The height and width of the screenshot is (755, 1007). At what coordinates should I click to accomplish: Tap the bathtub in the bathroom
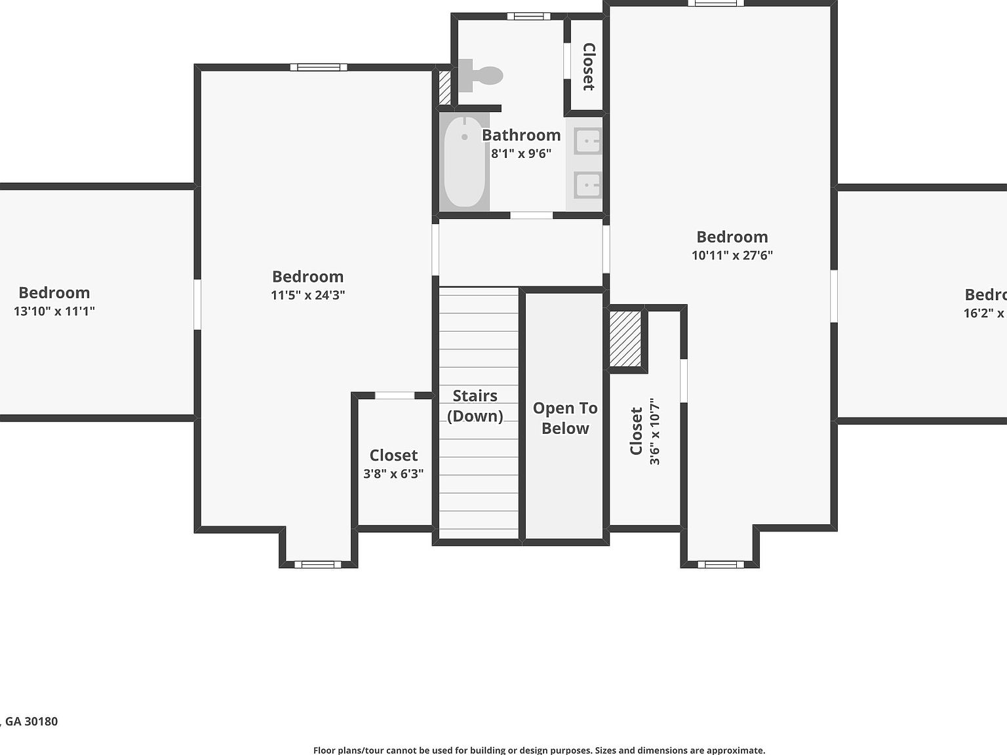point(465,162)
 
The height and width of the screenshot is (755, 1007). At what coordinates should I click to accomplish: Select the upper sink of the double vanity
point(587,141)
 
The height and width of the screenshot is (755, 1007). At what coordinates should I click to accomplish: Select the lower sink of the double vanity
point(587,185)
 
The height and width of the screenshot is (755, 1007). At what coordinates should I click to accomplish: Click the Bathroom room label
point(521,135)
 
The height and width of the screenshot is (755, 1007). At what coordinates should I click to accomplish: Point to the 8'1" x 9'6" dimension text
point(521,153)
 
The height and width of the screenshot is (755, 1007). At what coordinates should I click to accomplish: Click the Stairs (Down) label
point(475,406)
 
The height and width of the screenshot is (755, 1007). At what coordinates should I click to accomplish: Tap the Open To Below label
point(565,418)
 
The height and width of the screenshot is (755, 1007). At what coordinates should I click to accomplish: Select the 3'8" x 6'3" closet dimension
point(393,474)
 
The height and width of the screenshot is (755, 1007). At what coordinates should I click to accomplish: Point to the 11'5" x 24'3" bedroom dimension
point(308,295)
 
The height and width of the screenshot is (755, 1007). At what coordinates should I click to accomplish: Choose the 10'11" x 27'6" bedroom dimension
point(732,255)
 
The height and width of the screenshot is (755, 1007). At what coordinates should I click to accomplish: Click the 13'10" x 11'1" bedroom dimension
point(54,311)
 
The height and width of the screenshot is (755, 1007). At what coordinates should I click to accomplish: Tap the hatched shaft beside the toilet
point(444,87)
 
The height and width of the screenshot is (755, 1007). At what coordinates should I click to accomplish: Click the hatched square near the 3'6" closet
point(625,339)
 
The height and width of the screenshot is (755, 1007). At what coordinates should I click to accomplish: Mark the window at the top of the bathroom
point(528,16)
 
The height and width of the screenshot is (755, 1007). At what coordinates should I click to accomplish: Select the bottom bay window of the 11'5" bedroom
point(318,564)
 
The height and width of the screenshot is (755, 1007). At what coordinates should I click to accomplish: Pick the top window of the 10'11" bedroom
point(716,3)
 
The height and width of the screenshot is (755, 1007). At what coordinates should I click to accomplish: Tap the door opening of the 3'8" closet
point(395,395)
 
